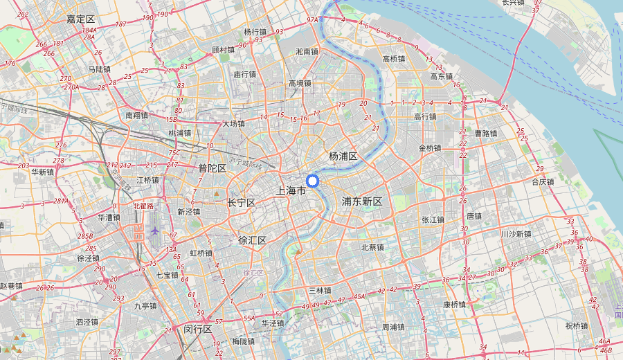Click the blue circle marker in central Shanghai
pos(312,181)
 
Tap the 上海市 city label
pos(290,190)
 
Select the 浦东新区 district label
pos(362,201)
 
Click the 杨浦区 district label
pos(343,156)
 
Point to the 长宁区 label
pos(242,203)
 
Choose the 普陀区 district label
pos(213,168)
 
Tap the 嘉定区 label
pos(80,19)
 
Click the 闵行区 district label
pos(198,330)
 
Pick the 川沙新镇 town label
pos(516,234)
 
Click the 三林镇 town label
pos(320,290)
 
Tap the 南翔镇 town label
pos(137,116)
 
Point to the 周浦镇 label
pos(393,326)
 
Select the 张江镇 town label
pos(433,219)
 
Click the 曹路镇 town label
pos(486,133)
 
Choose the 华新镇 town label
pos(42,172)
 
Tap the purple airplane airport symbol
pos(154,231)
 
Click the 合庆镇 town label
pos(543,182)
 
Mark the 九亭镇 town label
pos(146,305)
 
